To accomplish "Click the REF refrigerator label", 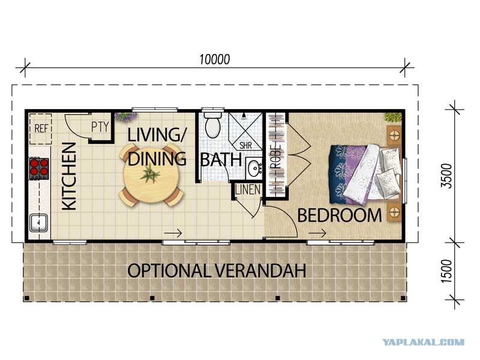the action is click(x=41, y=128).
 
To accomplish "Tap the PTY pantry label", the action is click(x=100, y=127).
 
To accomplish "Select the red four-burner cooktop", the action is click(x=39, y=168).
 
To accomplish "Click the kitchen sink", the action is click(x=38, y=223).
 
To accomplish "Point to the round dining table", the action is click(x=151, y=175).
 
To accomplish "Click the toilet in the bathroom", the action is click(x=213, y=124).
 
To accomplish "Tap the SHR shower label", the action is click(x=245, y=145).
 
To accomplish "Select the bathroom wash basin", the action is click(x=254, y=168).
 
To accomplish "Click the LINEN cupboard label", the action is click(x=248, y=190).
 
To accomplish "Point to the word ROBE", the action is click(x=276, y=156).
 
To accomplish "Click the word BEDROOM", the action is click(x=340, y=215).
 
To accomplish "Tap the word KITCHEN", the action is click(x=69, y=176).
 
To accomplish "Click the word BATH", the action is click(x=221, y=160).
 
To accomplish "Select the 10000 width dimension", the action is click(x=214, y=59).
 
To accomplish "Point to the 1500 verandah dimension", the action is click(x=446, y=271).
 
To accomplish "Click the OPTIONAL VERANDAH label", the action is click(x=217, y=271).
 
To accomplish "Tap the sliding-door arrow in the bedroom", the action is click(x=317, y=233).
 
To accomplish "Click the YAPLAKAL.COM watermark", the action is click(x=424, y=342).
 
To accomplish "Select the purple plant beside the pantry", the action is click(x=125, y=117).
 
